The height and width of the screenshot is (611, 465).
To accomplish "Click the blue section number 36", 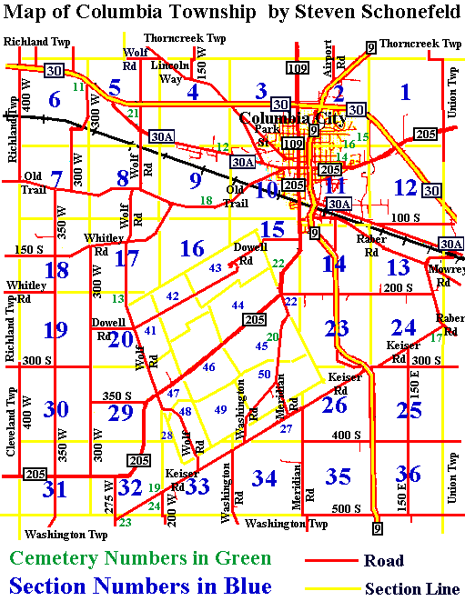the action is coord(409,474).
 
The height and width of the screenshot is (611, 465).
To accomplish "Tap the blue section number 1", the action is coord(405,92).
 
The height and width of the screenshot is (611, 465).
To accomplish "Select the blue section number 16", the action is coord(191,248).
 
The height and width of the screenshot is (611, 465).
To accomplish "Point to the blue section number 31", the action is coord(55,490).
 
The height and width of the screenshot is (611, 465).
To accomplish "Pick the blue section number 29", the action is coord(121,412).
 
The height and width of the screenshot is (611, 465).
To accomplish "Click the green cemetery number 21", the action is coord(134,113).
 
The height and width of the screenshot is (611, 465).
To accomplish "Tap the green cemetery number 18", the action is coord(207,200).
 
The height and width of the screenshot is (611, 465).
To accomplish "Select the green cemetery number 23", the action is coord(125,522).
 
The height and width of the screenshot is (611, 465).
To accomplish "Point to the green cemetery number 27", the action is coord(286,428).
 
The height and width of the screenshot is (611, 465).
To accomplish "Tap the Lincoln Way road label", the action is coord(171,72).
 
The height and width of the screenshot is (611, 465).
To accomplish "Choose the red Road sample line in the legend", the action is coord(329,560).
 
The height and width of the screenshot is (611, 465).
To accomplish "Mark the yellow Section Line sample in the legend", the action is coord(330,588).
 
